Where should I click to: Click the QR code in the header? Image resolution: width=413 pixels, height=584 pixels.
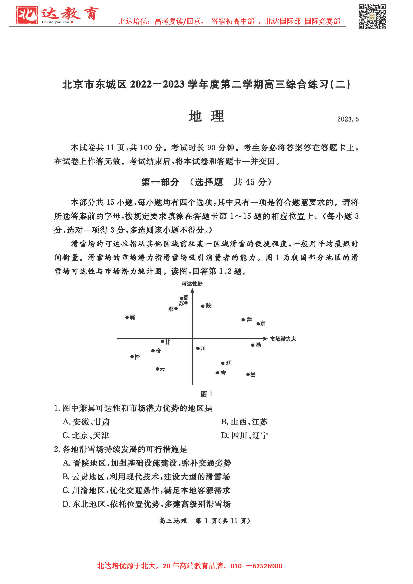point(372,17)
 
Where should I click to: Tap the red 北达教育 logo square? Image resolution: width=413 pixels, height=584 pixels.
point(27,15)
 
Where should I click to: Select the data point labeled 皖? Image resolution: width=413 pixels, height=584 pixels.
point(127,317)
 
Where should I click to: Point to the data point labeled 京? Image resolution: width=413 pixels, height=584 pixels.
point(258,324)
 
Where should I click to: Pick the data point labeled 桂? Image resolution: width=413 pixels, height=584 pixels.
point(132,357)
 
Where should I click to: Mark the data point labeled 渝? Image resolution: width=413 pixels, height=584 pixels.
point(253,345)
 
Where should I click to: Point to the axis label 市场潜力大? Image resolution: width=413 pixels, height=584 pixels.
point(283,339)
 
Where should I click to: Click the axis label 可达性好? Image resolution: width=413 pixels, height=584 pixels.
point(192,284)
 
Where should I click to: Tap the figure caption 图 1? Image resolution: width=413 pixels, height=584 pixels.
point(206,394)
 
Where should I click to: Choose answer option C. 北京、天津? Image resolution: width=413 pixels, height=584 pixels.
point(86,436)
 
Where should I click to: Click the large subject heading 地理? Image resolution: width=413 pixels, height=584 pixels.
point(206,116)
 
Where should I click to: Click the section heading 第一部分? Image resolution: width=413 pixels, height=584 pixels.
point(160,182)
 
